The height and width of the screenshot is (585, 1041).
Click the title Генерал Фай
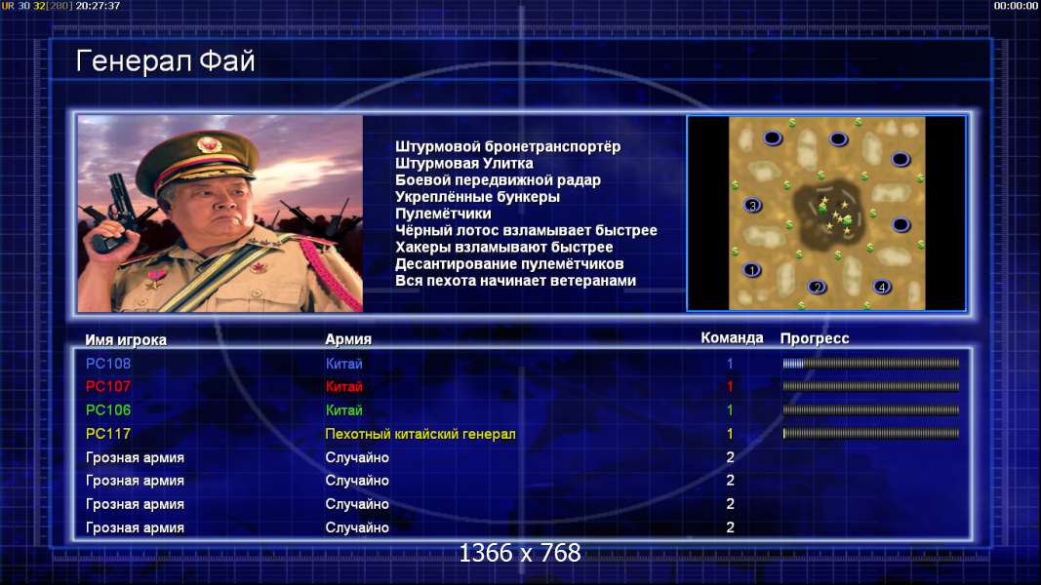click(165, 61)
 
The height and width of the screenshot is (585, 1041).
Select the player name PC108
click(108, 364)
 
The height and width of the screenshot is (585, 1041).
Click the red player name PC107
click(108, 387)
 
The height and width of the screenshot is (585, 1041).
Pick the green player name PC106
click(108, 410)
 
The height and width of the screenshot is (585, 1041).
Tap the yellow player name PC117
click(108, 434)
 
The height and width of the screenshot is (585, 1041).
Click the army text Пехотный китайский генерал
click(420, 435)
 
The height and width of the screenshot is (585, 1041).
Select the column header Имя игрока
click(126, 340)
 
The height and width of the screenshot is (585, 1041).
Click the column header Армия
click(348, 339)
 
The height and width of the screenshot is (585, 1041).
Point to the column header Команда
click(733, 338)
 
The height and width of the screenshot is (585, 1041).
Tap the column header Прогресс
click(815, 339)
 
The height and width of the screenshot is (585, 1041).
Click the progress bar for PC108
click(871, 364)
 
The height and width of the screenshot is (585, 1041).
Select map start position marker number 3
click(753, 206)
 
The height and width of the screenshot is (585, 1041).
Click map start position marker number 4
click(882, 288)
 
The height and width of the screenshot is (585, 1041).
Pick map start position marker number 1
click(751, 270)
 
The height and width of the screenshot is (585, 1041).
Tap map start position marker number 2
click(818, 288)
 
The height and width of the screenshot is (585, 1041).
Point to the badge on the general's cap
click(209, 145)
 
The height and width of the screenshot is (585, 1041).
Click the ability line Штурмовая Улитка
click(464, 163)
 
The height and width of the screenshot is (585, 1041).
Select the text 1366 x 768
click(520, 553)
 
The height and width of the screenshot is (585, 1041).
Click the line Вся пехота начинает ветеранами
click(516, 281)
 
